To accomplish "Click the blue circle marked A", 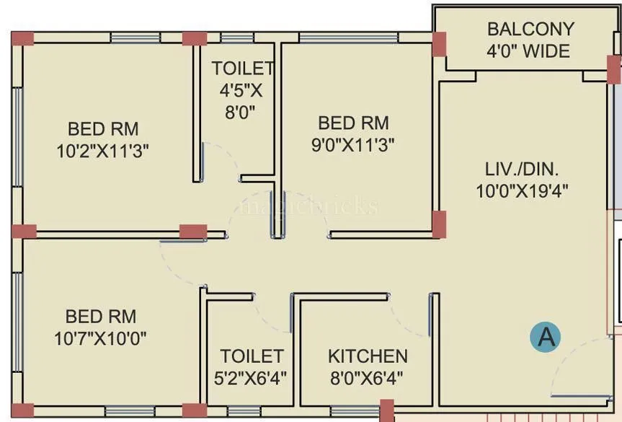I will point(545,337).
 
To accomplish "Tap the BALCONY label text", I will point(530,30).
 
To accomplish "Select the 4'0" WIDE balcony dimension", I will point(528,51).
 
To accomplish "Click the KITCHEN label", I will point(368,356).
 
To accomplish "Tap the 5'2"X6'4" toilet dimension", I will point(252,377).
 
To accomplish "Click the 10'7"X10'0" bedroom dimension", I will point(101,338).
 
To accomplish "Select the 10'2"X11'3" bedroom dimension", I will point(103,151).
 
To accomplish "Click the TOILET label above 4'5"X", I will point(242,69).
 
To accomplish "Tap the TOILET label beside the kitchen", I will point(252,356).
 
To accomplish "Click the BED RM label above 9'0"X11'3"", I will point(353,123).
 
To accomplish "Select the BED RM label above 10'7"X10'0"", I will point(101,317).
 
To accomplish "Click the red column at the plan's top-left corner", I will point(22,38).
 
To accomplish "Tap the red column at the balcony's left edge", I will point(439,45).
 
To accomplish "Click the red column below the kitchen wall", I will point(387,411).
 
